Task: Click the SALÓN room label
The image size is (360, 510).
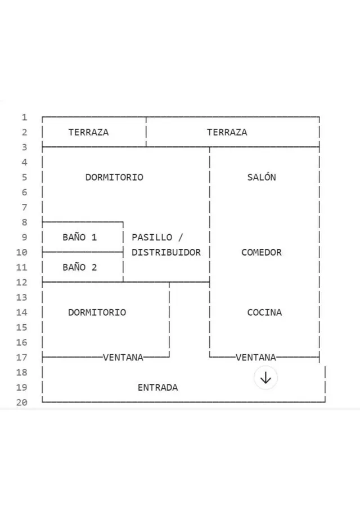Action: (262, 177)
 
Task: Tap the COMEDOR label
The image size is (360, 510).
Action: (262, 252)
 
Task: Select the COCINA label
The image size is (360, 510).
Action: (264, 312)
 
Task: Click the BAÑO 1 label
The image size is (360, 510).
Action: (80, 237)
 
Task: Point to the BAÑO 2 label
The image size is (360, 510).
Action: (80, 267)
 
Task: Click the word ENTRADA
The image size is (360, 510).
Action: (158, 387)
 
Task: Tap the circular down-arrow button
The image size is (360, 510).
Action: (265, 378)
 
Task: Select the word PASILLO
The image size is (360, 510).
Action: (152, 237)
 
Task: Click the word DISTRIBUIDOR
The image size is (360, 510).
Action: (166, 252)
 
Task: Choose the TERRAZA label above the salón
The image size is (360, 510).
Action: (227, 132)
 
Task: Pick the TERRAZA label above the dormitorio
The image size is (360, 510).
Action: (88, 132)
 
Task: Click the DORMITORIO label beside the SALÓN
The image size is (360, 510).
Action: (114, 177)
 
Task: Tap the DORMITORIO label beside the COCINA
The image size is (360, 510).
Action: (97, 312)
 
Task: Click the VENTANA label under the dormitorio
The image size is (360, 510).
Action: (123, 357)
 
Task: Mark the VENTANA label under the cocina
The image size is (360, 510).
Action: (256, 357)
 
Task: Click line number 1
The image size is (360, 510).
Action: (24, 117)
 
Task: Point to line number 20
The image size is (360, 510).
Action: (22, 402)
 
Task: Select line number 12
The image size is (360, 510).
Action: (22, 283)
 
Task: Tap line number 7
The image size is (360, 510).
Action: (24, 207)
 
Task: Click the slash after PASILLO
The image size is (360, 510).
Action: (181, 237)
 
